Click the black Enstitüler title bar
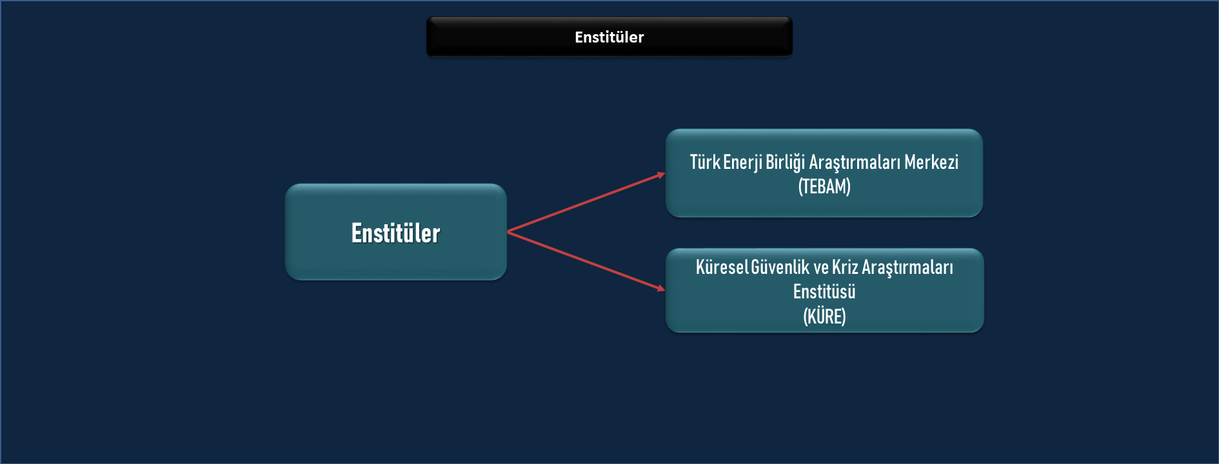click(x=609, y=37)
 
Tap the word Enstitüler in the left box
click(x=395, y=233)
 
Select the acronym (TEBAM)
click(x=824, y=187)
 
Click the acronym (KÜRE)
click(x=824, y=316)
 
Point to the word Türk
click(x=705, y=162)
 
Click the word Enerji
click(x=743, y=162)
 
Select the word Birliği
click(x=785, y=162)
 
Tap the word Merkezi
click(x=931, y=162)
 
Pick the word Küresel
click(x=722, y=267)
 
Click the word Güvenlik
click(x=780, y=267)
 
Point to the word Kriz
click(x=845, y=267)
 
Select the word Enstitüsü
click(x=824, y=291)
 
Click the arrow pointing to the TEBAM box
click(x=586, y=202)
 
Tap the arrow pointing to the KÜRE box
click(x=586, y=260)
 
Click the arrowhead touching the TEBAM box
click(x=661, y=174)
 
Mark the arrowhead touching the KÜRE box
click(x=661, y=289)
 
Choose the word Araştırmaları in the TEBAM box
click(x=855, y=162)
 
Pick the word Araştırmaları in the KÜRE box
click(x=907, y=267)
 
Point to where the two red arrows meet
click(x=508, y=231)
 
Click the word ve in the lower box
click(x=820, y=268)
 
